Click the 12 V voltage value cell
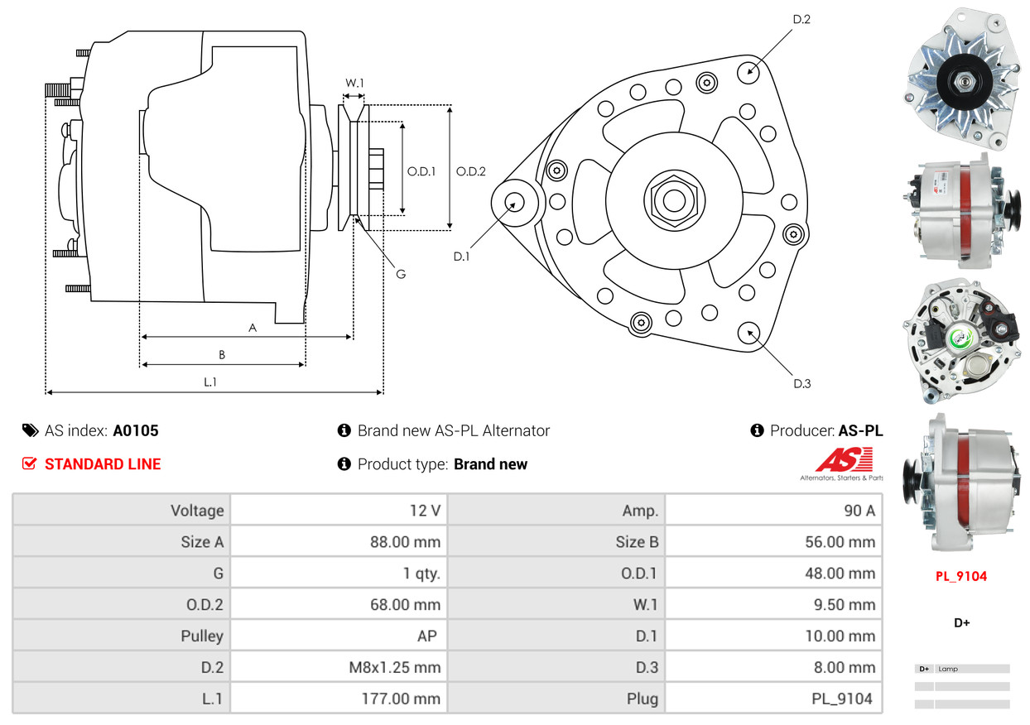tap(425, 511)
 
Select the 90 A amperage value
tap(859, 511)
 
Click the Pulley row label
tap(202, 636)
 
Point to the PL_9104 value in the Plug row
tap(841, 699)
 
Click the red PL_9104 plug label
tap(961, 576)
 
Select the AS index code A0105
tap(136, 430)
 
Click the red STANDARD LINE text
tap(103, 464)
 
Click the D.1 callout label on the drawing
tap(461, 257)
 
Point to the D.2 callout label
tap(801, 19)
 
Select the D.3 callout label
tap(801, 383)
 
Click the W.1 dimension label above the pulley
tap(354, 83)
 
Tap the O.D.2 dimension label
tap(471, 171)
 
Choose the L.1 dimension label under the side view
tap(210, 382)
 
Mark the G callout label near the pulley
tap(400, 274)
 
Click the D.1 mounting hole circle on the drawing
tap(515, 201)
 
